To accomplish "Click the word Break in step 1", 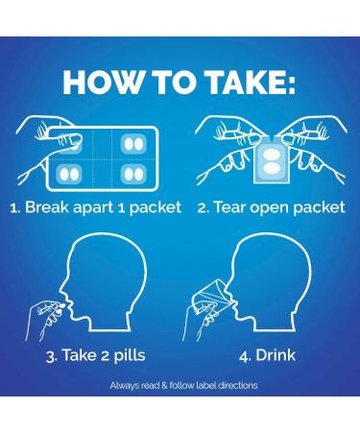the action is pos(47,207).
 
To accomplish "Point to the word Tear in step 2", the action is pos(229,207).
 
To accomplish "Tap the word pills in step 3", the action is pos(130,354).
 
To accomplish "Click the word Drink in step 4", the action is pos(276,355).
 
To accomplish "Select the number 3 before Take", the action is pos(51,356).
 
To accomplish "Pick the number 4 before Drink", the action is pos(244,356).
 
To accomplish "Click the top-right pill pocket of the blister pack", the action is pos(133,144).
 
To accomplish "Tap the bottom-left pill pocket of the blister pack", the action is pos(69,174).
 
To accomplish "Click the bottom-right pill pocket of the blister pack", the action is pos(133,174).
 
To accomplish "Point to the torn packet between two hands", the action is pos(272,160).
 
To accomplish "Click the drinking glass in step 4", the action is pos(213,297).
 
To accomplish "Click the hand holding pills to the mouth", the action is pos(45,320).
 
